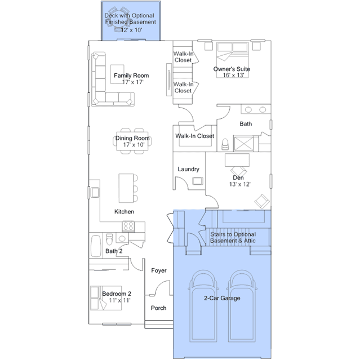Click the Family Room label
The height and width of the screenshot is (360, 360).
[131, 75]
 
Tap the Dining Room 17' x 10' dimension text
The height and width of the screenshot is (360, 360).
[134, 145]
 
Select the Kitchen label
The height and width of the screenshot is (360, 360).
[124, 211]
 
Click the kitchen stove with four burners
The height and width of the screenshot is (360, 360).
[128, 226]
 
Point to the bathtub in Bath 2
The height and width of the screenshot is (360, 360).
[96, 246]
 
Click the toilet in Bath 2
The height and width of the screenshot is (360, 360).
[109, 239]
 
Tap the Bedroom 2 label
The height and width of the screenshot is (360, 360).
[117, 294]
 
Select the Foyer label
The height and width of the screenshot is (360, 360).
[159, 270]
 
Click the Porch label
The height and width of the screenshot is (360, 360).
[158, 308]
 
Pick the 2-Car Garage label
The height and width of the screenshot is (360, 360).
[222, 298]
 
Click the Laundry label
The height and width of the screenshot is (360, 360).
[189, 169]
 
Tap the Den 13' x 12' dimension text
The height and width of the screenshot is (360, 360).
[240, 184]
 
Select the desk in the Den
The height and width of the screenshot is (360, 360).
[237, 160]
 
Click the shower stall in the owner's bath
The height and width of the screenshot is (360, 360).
[243, 144]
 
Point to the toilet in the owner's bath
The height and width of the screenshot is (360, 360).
[225, 144]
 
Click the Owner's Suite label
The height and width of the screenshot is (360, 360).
[232, 69]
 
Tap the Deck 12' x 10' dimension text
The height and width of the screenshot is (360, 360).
[131, 30]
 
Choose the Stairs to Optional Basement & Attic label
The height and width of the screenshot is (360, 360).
[233, 237]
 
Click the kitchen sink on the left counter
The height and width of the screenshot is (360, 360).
[95, 193]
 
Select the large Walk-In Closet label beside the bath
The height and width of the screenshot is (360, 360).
[195, 136]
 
